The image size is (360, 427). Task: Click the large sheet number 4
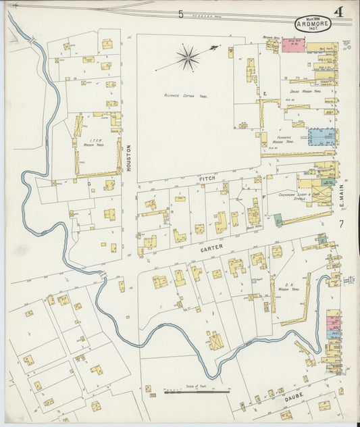(337, 11)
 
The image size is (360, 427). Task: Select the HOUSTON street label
(128, 157)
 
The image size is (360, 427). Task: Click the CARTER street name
(211, 249)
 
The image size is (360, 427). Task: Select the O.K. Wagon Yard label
(288, 286)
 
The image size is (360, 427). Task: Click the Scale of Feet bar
(197, 391)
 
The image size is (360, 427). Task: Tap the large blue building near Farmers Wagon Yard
(322, 136)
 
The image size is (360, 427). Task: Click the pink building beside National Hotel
(293, 45)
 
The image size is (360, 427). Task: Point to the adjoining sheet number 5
(181, 14)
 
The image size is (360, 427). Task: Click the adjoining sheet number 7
(342, 224)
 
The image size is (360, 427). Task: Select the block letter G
(88, 182)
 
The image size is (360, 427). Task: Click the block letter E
(265, 93)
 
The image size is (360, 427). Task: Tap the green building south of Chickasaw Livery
(278, 220)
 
